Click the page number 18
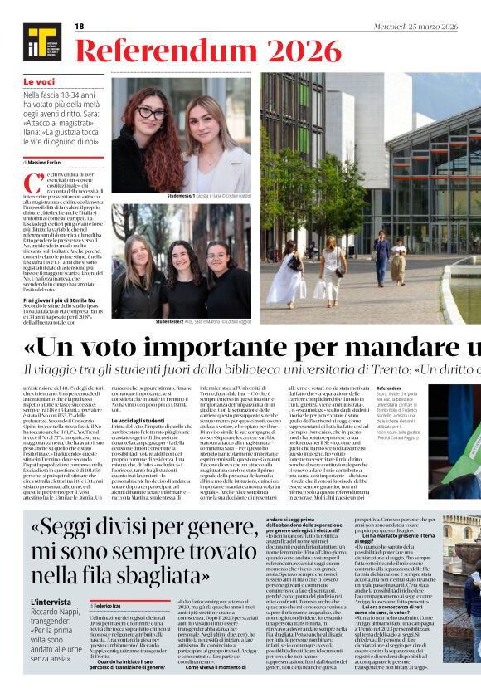tap(80, 27)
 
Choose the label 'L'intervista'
tap(50, 602)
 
